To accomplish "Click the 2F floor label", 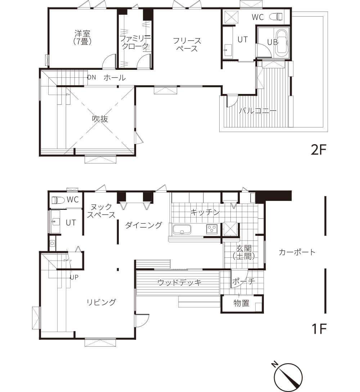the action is (x=319, y=150).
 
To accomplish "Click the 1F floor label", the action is (x=319, y=329).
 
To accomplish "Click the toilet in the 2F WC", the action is (x=276, y=17).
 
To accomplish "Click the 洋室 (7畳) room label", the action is (x=82, y=37).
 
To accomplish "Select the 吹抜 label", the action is (x=100, y=119).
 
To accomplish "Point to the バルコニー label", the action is (x=258, y=111).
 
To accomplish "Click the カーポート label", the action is (x=297, y=252).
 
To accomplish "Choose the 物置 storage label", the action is (x=242, y=303).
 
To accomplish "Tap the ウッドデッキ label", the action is (x=180, y=283).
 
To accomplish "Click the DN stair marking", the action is (x=92, y=77).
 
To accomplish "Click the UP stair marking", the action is (x=74, y=277).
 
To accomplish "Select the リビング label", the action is (x=101, y=302).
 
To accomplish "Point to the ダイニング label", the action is (x=144, y=225).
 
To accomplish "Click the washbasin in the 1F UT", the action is (x=55, y=221).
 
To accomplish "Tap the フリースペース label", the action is (x=187, y=44).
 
